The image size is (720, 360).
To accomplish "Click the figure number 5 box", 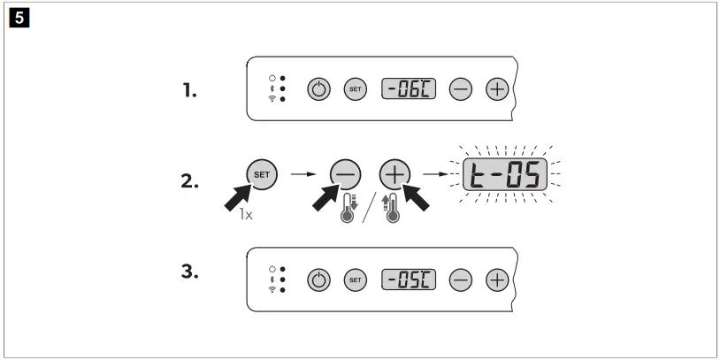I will [13, 14].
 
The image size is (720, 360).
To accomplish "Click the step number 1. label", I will [189, 89].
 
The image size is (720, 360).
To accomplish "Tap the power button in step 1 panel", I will [318, 90].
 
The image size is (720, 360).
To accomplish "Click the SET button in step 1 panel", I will [354, 90].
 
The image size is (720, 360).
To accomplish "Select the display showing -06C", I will [409, 90].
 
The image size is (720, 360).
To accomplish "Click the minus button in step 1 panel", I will [462, 90].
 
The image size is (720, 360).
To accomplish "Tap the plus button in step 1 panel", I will [498, 90].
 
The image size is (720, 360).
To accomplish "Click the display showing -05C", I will [409, 282].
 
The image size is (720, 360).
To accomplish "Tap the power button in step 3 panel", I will [318, 282].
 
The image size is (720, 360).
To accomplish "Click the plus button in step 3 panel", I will [498, 282].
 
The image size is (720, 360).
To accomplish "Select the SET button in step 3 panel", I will [354, 282].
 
